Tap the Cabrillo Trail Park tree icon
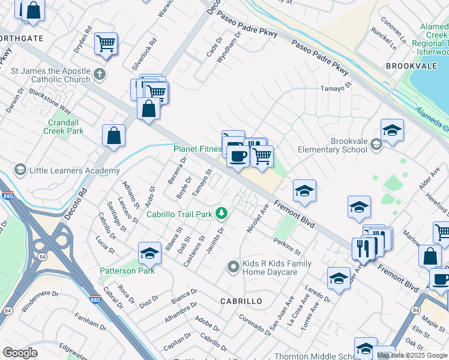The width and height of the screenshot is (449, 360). pos(221,213)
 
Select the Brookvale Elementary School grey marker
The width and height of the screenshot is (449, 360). pos(376,144)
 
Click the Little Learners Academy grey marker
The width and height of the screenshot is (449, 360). pos(20,170)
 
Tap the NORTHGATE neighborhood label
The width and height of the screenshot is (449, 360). pos(22,38)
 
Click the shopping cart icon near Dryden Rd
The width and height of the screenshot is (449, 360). pos(106,43)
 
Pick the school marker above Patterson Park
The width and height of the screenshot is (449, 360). pos(149,253)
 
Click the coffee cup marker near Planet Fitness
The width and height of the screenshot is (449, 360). pos(238,157)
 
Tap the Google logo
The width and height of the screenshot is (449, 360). pos(20,352)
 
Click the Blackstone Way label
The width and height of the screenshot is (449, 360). pos(50,103)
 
